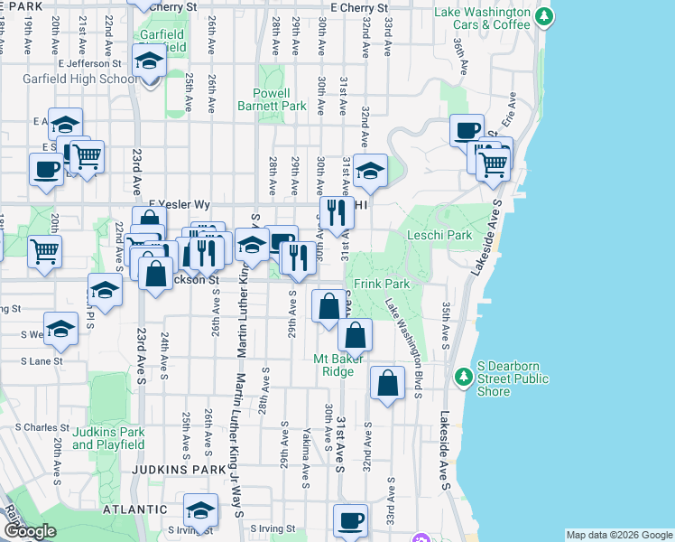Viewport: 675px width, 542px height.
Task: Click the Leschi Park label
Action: coord(440,236)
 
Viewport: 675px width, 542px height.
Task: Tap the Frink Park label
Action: coord(382,284)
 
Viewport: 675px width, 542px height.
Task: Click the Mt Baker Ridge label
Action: coord(339,364)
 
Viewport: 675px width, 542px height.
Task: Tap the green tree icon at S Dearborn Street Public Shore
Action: coord(464,375)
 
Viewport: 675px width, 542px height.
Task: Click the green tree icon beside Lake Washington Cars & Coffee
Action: coord(542,17)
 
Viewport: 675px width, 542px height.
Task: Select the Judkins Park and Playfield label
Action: coord(108,437)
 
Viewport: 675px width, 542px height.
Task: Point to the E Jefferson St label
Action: coord(89,63)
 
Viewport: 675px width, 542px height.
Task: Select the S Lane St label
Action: coord(42,360)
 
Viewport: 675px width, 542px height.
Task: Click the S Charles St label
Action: coord(42,427)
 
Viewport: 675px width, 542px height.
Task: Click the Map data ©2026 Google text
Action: coord(619,535)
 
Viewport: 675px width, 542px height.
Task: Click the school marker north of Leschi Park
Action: coord(369,169)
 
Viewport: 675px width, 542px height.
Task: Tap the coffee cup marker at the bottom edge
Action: coord(350,520)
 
